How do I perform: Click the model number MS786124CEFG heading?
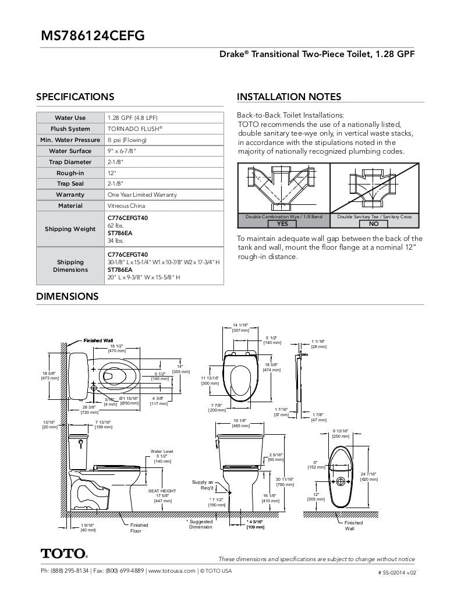(x=93, y=36)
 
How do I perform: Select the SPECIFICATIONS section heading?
(x=75, y=97)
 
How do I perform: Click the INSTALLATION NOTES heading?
(x=289, y=97)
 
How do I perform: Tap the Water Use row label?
(x=70, y=118)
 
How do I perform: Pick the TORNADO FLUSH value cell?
(x=134, y=129)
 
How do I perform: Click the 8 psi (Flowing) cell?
(x=127, y=140)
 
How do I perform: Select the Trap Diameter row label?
(x=70, y=162)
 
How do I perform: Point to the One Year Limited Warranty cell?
(x=143, y=194)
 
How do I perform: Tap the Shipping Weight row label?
(x=70, y=229)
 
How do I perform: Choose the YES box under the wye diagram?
(x=282, y=223)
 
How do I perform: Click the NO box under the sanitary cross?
(x=374, y=223)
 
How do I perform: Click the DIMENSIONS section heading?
(x=68, y=296)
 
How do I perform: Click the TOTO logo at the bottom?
(x=64, y=553)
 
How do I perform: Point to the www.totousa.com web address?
(x=172, y=571)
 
